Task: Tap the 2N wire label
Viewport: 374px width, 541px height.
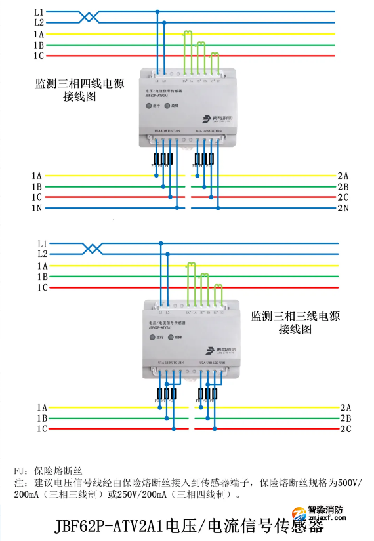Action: point(343,208)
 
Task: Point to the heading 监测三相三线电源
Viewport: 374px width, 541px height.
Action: point(295,315)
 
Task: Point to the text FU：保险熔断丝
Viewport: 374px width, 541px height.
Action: point(47,471)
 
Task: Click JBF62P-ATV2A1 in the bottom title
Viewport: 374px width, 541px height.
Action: point(108,527)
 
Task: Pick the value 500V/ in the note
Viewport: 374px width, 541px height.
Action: point(348,483)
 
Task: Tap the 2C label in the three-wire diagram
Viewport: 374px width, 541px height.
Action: point(345,429)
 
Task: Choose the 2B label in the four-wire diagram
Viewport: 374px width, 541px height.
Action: point(343,186)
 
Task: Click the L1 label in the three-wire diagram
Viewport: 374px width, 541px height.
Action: point(43,242)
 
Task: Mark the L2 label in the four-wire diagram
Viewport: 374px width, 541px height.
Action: point(39,22)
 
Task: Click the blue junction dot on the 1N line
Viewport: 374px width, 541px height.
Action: point(177,208)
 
